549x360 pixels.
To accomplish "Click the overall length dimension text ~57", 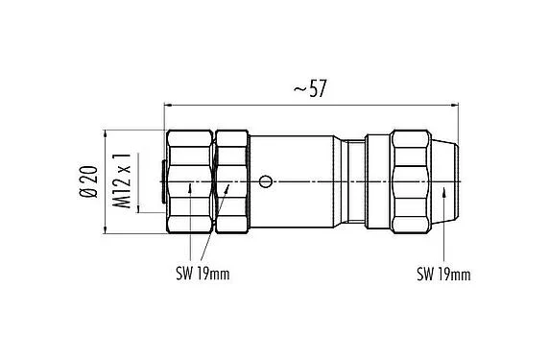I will tap(313, 88).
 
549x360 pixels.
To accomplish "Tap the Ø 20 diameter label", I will tap(89, 180).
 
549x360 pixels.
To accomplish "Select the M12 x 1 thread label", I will tap(122, 180).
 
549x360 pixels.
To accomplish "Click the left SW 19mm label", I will tap(207, 276).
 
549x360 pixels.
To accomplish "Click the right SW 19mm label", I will tap(443, 276).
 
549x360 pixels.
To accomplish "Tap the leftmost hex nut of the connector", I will tap(190, 180).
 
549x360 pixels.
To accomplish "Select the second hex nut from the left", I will tap(231, 180).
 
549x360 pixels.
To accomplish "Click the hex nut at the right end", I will tap(412, 180).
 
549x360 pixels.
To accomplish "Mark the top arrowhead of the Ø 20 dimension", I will tap(105, 133).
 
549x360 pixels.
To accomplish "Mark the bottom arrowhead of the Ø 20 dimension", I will tap(105, 228).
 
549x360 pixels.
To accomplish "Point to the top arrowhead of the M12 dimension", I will tap(138, 154).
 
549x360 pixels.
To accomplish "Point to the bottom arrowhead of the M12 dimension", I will tap(138, 207).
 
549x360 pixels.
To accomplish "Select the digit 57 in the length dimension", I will tap(319, 88).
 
